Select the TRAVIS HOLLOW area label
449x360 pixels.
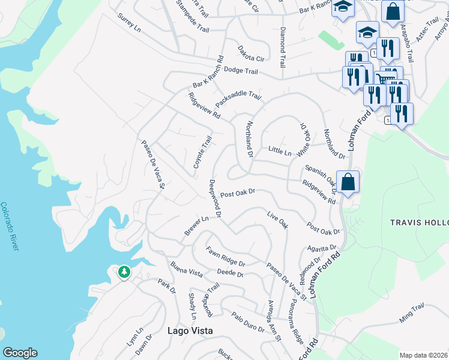(419, 222)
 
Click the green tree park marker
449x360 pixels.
(124, 272)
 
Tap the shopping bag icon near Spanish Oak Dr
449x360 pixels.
(348, 181)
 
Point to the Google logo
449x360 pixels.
(20, 353)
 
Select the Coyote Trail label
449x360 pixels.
(202, 152)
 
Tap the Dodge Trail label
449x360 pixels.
(240, 71)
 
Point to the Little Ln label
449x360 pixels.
(279, 149)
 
